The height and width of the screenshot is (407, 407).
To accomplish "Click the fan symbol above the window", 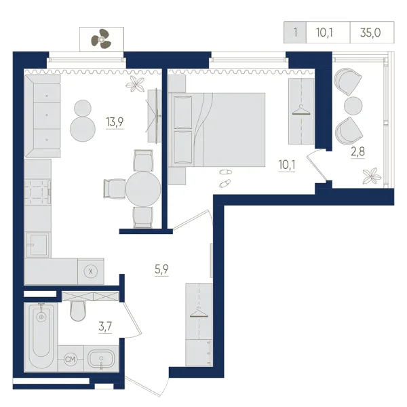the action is [x=101, y=39].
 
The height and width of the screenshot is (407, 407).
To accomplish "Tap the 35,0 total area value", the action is [x=370, y=33].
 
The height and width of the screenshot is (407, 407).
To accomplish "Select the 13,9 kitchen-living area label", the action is [x=115, y=121].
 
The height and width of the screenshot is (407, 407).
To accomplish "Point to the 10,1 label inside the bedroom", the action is [x=287, y=165].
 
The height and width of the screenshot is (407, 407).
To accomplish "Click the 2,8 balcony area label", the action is [x=358, y=151].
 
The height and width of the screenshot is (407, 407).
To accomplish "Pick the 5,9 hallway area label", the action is [x=161, y=269].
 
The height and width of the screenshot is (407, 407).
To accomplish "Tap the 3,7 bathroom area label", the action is [x=105, y=326].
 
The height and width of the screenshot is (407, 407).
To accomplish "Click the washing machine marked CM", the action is [x=71, y=360].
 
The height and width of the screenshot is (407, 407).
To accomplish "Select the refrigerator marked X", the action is [x=91, y=271].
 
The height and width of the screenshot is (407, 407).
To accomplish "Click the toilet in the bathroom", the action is [x=77, y=311].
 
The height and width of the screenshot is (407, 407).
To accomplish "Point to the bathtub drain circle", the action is [x=41, y=317].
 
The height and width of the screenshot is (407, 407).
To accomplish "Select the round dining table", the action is [x=143, y=189].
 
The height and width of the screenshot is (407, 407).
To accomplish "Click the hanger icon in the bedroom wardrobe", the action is [x=301, y=110].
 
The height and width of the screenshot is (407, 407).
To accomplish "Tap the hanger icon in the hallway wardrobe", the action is [x=199, y=312].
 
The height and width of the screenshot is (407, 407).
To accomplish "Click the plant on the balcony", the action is [x=372, y=176].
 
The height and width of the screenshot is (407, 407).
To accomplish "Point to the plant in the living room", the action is [x=135, y=83].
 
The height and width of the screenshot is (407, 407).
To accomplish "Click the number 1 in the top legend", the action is [x=295, y=33].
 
